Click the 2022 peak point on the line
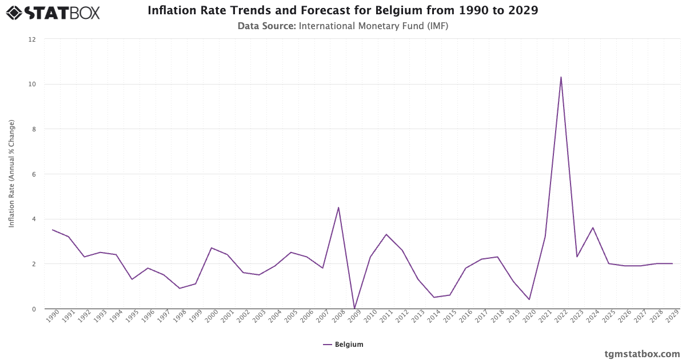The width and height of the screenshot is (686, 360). pos(561,77)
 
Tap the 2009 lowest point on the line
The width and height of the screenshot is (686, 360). pos(354,309)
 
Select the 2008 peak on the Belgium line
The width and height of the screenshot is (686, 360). pos(338,207)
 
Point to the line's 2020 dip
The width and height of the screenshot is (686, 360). pos(529,299)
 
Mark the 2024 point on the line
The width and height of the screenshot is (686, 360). pos(593,227)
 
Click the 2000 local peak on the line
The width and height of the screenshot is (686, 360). pos(212,248)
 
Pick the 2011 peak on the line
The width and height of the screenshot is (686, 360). pos(386,234)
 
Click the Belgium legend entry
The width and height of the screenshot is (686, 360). pos(343,345)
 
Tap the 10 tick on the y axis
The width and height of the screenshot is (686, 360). pos(32,85)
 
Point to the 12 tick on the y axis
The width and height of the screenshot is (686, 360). pos(32,39)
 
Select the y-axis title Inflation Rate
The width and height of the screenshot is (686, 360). pos(12,174)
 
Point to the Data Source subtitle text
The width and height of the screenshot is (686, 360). pos(343,26)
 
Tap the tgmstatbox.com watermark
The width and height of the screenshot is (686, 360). pos(642,353)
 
